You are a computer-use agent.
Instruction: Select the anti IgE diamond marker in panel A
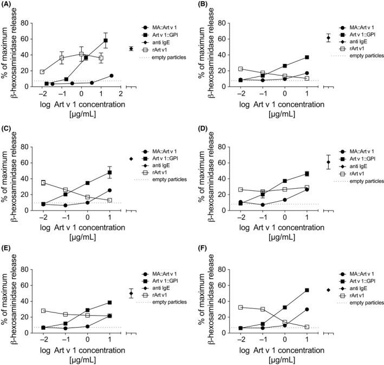tap(131, 49)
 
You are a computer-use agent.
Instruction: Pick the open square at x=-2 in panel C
tap(42, 183)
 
